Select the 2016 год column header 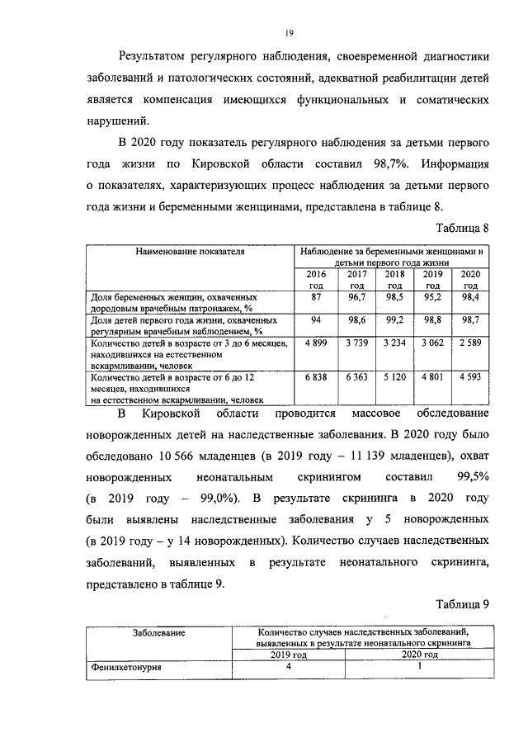pos(316,279)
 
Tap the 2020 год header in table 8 pos(469,279)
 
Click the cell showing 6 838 pos(316,376)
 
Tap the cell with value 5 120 pos(395,376)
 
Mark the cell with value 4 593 pos(469,376)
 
